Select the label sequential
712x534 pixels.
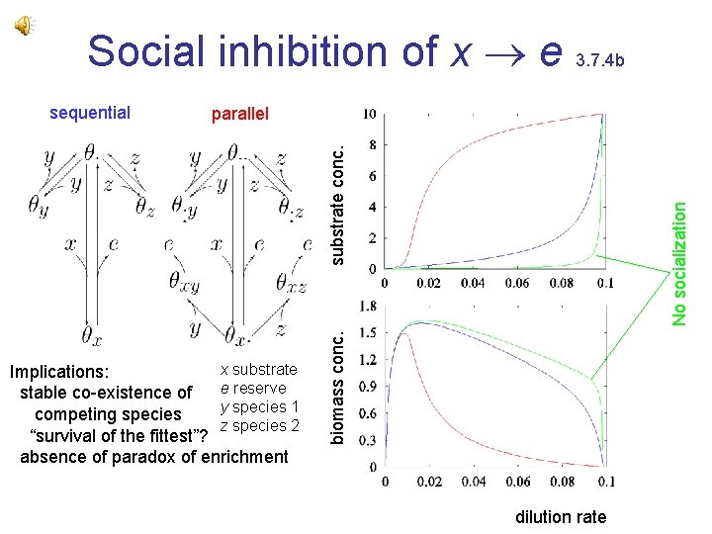90,112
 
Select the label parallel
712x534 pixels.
239,114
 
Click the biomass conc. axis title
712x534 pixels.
338,386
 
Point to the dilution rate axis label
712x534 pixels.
561,516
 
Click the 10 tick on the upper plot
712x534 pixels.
368,115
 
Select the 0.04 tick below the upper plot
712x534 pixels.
473,283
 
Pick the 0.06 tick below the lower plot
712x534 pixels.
517,482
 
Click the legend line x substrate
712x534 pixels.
258,369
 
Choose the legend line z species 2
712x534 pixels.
259,425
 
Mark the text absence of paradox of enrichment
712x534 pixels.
154,456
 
